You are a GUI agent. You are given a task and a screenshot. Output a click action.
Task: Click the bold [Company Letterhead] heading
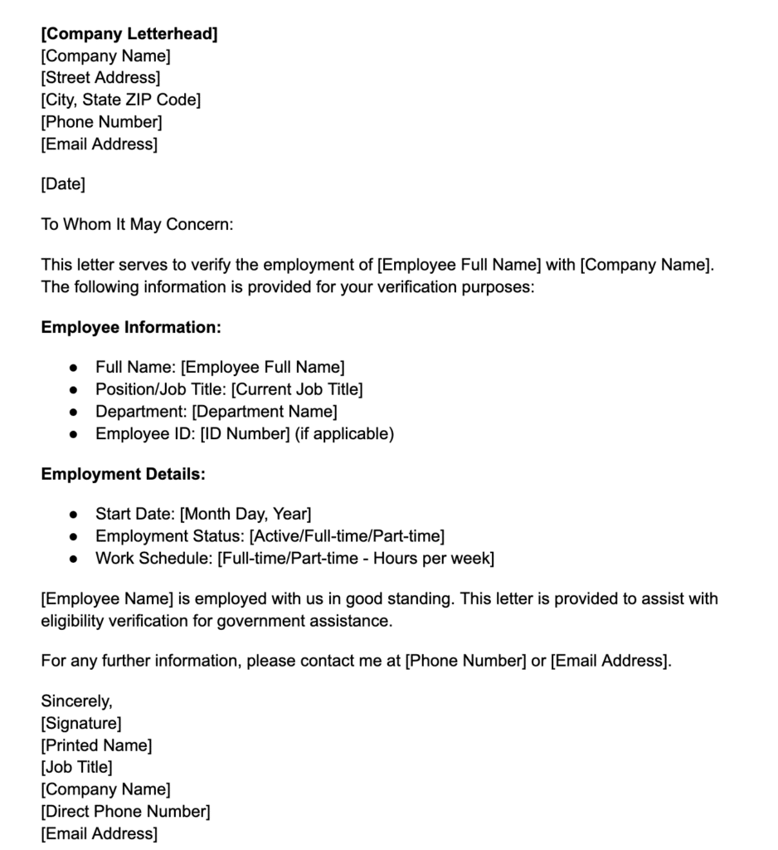[129, 34]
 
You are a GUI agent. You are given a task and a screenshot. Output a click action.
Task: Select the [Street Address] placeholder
[100, 78]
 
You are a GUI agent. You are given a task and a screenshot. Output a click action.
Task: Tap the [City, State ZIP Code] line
[121, 100]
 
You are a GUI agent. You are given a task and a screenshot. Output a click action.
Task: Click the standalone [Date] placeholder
[63, 184]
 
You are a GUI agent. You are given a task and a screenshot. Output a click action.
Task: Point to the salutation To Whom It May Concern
[138, 224]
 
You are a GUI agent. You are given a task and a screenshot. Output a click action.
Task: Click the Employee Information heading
[131, 327]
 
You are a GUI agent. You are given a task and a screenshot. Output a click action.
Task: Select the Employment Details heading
[123, 475]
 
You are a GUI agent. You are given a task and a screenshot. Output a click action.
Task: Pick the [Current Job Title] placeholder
[297, 389]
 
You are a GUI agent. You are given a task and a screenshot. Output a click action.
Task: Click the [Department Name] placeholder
[265, 411]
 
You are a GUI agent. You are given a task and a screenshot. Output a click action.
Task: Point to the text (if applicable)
[344, 433]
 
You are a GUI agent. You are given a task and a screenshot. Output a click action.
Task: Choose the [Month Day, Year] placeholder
[246, 515]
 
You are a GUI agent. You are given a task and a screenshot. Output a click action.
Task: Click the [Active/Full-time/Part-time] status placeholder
[348, 536]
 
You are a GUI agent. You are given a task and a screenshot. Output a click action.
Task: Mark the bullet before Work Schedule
[74, 559]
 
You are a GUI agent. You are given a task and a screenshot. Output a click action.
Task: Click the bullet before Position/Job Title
[74, 389]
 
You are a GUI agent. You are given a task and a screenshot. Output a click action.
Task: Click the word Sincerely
[76, 701]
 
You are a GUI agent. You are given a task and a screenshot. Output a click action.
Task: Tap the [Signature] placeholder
[81, 724]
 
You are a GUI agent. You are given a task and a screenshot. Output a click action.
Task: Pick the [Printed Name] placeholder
[96, 745]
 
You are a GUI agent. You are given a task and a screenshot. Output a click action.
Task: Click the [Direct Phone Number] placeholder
[125, 811]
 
